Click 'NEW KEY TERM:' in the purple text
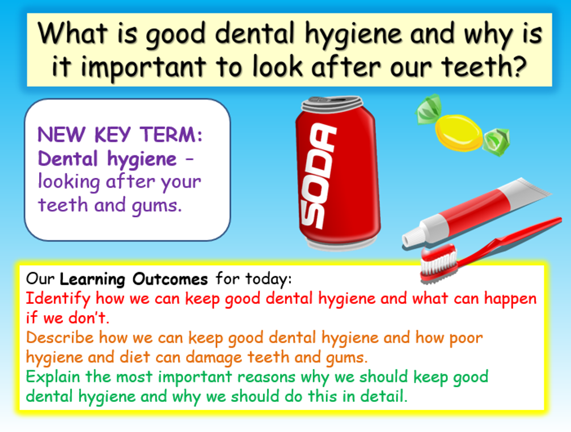coord(120,135)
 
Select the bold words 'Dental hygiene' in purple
coord(107,159)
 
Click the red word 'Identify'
coord(58,299)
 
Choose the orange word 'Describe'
coord(60,338)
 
